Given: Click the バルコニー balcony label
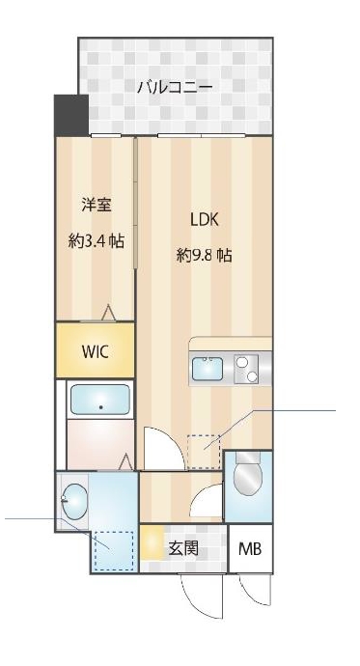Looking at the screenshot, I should click(175, 88).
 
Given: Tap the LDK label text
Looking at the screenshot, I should click(204, 220).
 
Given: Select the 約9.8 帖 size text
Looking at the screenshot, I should click(204, 256).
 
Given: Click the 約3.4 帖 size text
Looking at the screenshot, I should click(95, 240).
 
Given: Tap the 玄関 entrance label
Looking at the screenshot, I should click(183, 549).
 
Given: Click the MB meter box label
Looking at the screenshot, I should click(250, 550).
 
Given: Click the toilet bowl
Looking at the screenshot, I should click(248, 477).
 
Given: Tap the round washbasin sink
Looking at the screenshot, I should click(72, 500).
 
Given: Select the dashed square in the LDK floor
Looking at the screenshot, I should click(203, 451).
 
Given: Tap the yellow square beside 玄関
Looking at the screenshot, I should click(152, 545).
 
